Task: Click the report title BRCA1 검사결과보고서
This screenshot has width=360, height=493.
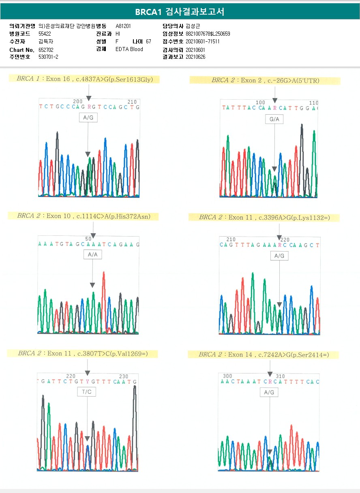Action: click(x=180, y=12)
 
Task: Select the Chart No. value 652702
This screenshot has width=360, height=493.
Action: click(x=46, y=49)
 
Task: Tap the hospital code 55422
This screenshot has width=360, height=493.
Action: click(x=45, y=34)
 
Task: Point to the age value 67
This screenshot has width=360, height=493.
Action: click(x=148, y=41)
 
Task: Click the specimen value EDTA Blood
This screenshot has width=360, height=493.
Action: click(x=129, y=49)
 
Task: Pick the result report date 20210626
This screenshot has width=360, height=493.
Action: click(x=195, y=57)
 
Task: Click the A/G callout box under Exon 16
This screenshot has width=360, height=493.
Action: click(x=88, y=117)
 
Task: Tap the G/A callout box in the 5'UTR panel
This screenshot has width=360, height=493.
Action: click(x=274, y=119)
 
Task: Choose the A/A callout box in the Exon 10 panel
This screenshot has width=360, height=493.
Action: click(x=92, y=254)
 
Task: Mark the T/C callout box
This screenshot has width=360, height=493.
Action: click(x=87, y=392)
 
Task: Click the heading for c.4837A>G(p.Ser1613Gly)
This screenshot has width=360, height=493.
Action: click(x=85, y=79)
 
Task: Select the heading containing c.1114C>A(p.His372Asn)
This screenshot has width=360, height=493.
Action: click(x=84, y=216)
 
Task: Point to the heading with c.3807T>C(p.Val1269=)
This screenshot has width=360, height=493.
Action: click(x=82, y=353)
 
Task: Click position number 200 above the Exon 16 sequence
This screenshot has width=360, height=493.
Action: click(x=77, y=102)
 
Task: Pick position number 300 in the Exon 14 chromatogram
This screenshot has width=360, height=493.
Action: click(x=228, y=376)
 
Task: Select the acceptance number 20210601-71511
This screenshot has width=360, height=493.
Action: click(x=202, y=41)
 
